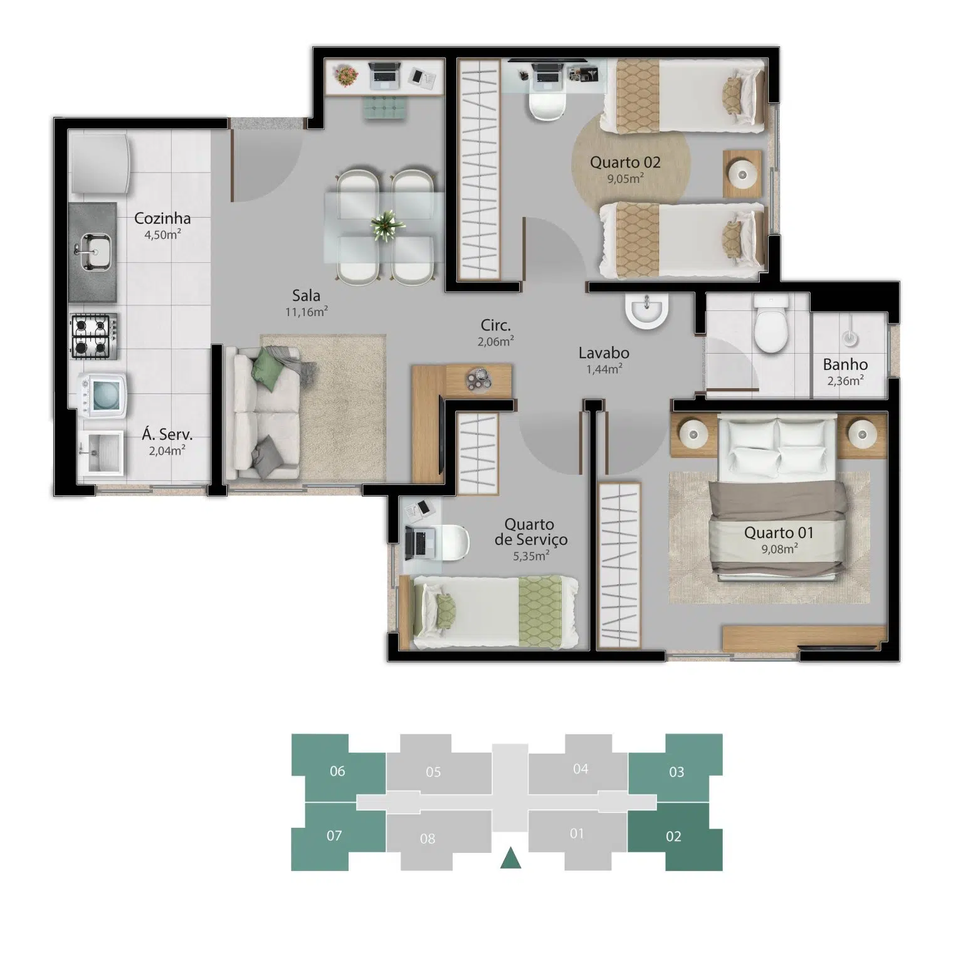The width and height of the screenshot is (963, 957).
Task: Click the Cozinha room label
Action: pos(162,218)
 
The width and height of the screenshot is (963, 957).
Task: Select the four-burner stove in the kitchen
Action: pos(93,336)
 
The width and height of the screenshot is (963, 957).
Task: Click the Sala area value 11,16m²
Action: pos(307,312)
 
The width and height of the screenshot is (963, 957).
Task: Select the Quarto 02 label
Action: pos(625,162)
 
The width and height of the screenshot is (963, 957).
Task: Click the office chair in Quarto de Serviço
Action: pos(455,541)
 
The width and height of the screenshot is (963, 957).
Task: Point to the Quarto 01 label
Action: pos(779,533)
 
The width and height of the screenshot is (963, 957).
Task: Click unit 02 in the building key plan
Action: pos(675,837)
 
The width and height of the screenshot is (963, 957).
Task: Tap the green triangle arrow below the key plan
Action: pos(511,858)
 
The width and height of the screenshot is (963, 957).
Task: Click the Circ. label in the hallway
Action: pos(496,325)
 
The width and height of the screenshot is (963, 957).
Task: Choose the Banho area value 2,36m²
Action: pos(845,380)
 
